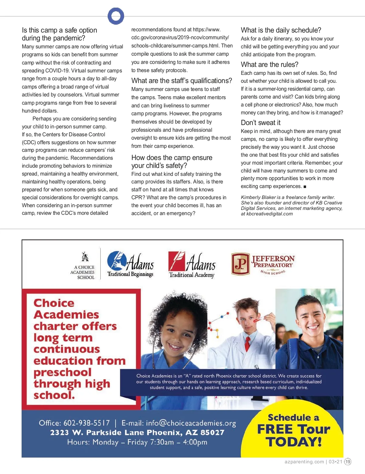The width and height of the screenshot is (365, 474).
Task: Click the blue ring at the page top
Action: pyautogui.click(x=116, y=16)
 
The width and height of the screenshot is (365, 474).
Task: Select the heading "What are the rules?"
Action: pyautogui.click(x=269, y=64)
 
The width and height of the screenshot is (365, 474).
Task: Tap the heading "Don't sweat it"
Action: pyautogui.click(x=260, y=123)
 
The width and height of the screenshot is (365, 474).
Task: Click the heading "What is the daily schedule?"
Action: pyautogui.click(x=281, y=30)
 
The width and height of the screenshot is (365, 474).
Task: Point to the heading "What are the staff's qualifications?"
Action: pyautogui.click(x=182, y=81)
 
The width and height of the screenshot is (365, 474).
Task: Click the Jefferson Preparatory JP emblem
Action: pyautogui.click(x=240, y=264)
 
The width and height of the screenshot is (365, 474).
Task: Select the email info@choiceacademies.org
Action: pyautogui.click(x=191, y=423)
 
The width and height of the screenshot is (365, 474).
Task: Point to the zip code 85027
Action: pyautogui.click(x=212, y=433)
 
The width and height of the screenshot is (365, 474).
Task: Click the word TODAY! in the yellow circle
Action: pyautogui.click(x=294, y=442)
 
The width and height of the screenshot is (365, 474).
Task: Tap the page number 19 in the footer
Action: pyautogui.click(x=348, y=462)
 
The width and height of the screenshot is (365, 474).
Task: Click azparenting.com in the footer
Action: pyautogui.click(x=304, y=462)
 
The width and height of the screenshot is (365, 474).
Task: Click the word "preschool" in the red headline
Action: pyautogui.click(x=62, y=372)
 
